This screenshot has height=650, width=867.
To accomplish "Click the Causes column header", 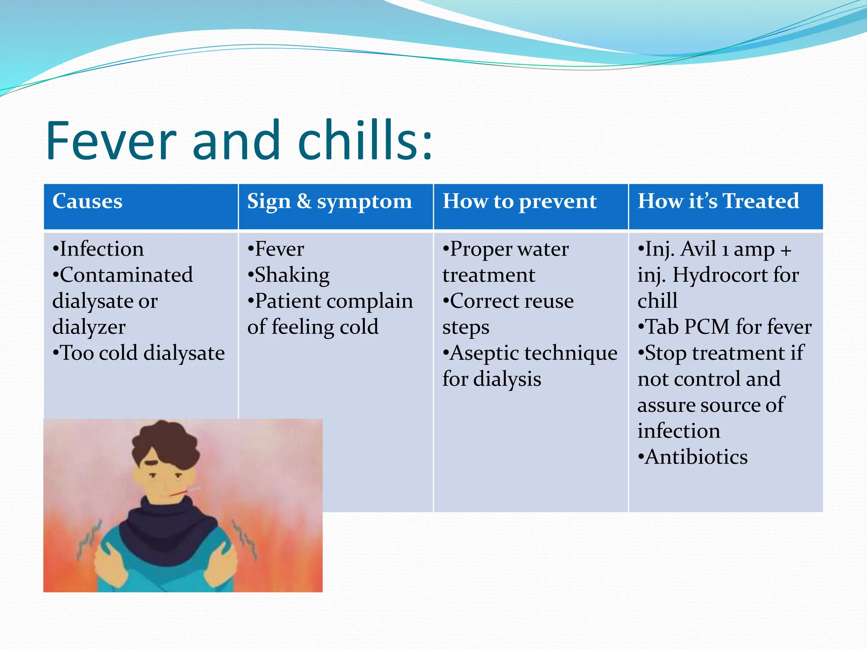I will point(87,201).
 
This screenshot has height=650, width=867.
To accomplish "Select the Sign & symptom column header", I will point(329,202).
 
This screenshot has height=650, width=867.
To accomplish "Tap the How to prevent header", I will point(519,201).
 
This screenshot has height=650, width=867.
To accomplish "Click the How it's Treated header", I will point(718,201).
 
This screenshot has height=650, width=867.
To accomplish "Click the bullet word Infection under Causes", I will point(102,249).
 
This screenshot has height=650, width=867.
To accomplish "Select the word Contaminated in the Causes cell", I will point(126,275).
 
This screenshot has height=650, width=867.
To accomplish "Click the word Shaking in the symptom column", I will point(292,275).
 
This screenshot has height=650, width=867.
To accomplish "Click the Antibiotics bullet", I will point(696,457).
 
